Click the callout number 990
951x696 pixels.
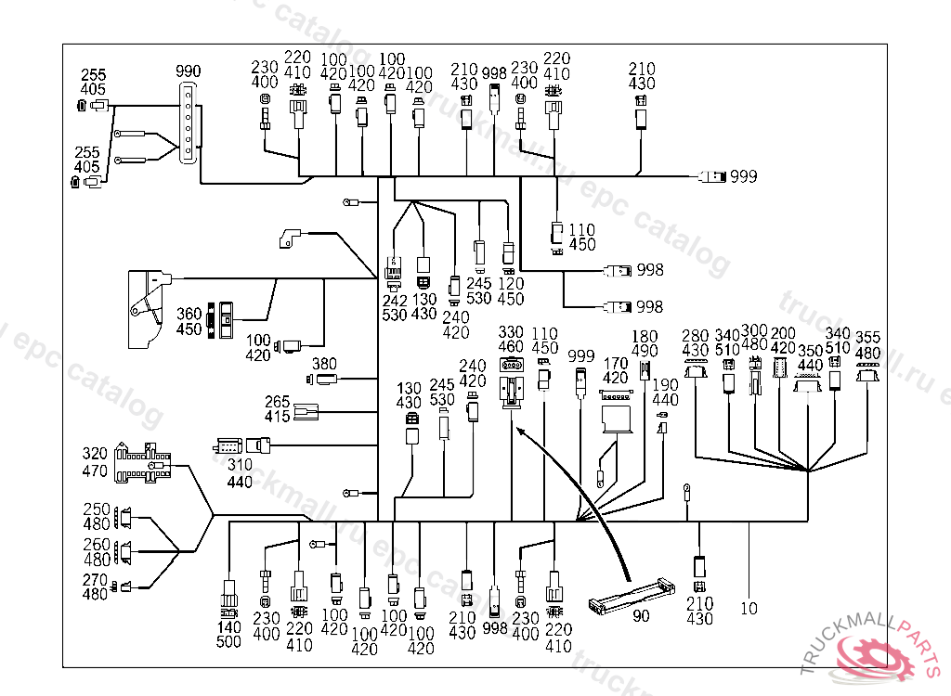tap(189, 71)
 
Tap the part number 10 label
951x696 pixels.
tap(749, 609)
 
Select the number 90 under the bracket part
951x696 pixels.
tap(641, 616)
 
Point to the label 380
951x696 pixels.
tap(323, 364)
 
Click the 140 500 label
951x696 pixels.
tap(228, 635)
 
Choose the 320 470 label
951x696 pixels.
tap(95, 462)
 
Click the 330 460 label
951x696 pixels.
tap(511, 340)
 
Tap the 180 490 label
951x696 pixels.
tap(645, 344)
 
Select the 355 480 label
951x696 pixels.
tap(868, 344)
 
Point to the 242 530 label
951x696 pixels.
tap(395, 307)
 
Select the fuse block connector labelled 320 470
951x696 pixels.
tap(145, 462)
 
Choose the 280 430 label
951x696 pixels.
tap(695, 343)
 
